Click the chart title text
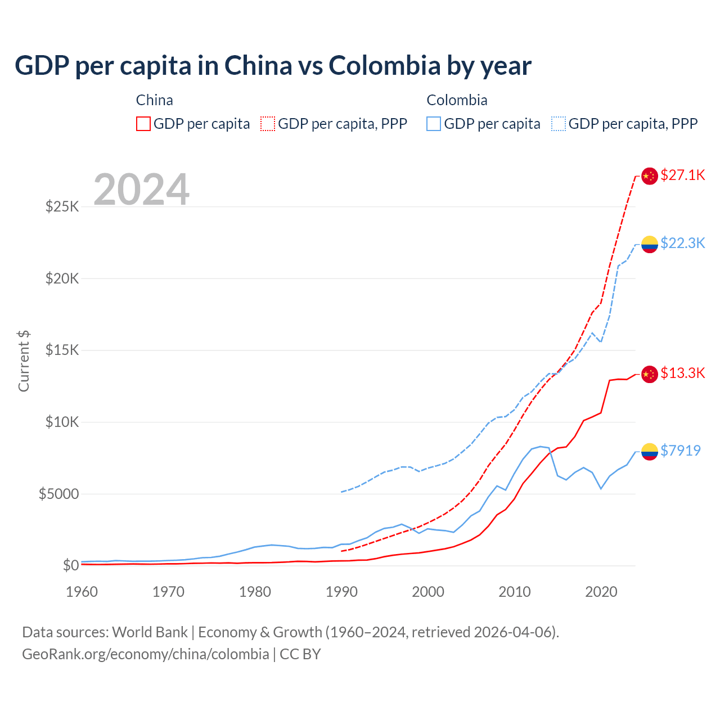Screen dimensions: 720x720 273,66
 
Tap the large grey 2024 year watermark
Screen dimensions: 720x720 141,190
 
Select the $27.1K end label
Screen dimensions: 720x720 682,175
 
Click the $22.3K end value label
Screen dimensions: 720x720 682,243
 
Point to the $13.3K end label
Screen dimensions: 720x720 682,373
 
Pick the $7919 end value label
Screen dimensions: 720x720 680,451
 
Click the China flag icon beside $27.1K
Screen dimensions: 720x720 650,176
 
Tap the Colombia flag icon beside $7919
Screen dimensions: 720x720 650,451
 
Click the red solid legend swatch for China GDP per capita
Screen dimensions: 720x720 143,124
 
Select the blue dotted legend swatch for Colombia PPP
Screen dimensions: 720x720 559,124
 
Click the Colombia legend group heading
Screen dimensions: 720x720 457,100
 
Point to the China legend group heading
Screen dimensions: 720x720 155,100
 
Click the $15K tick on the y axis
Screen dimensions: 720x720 62,350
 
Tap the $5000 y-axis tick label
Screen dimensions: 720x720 58,494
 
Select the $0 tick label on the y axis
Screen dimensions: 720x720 70,565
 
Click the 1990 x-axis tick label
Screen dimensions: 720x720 341,592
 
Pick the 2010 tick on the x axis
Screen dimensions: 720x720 515,592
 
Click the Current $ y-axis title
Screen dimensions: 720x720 24,361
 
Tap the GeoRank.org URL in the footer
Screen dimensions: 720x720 146,654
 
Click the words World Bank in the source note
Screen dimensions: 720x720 150,632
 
